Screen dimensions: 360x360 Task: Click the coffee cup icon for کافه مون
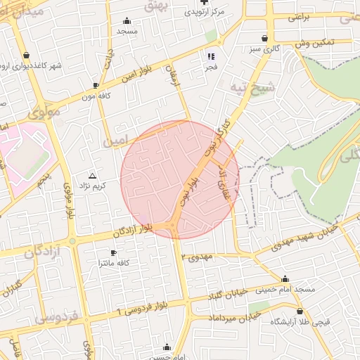pos(96,86)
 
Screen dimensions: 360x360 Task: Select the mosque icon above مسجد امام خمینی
pos(285,278)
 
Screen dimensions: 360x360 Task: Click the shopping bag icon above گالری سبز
pos(264,38)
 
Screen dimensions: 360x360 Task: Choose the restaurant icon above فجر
pos(210,56)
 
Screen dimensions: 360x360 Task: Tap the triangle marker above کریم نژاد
pos(92,174)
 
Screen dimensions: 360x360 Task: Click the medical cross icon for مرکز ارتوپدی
pos(204,2)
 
